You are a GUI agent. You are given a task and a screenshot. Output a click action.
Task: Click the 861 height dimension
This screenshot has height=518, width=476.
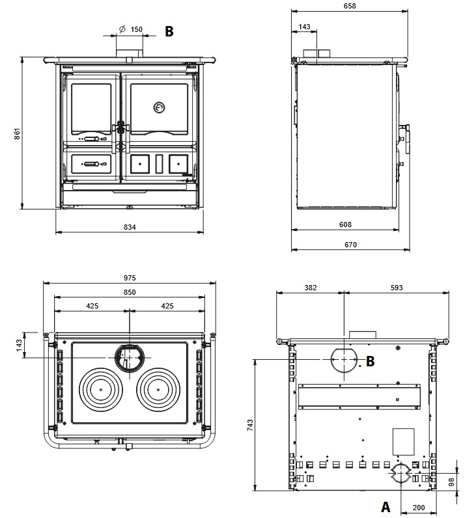18,133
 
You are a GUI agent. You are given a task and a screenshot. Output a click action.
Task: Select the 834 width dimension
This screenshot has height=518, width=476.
130,226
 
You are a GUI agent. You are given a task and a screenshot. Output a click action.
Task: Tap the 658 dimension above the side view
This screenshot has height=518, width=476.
350,6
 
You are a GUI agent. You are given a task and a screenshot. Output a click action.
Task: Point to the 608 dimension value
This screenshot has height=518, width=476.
345,225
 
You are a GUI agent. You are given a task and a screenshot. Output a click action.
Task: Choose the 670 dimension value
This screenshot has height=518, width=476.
350,245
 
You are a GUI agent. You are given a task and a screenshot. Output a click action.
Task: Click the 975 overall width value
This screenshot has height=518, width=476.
130,278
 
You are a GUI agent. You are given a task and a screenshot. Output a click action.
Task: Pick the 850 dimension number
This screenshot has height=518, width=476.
130,292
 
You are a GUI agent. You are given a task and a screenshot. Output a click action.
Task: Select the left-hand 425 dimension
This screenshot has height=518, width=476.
92,305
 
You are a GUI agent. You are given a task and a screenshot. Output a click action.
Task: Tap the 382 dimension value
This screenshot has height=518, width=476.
311,287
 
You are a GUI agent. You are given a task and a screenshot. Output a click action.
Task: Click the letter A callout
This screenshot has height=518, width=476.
385,506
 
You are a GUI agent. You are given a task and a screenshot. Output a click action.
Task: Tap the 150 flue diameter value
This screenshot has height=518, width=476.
136,29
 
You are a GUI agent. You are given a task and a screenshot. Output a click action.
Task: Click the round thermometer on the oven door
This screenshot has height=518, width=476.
159,107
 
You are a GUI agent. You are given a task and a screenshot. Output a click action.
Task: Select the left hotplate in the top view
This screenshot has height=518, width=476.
102,390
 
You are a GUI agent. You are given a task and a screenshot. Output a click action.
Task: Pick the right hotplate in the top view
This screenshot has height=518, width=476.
158,390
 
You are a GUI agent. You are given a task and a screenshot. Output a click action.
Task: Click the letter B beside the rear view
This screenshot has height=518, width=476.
370,361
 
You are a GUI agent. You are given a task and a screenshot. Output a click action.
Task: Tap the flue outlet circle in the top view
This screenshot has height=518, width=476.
129,357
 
